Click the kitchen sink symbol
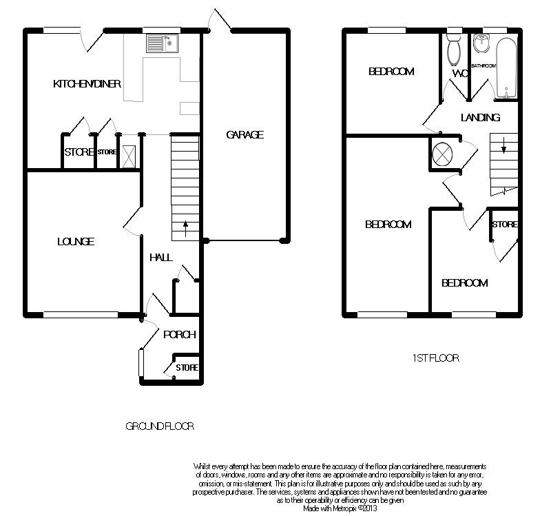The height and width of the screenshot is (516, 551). pos(162,43)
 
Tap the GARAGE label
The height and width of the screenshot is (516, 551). pos(245,134)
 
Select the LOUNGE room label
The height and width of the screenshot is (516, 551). pos(76,242)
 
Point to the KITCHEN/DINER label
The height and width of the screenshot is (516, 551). pos(87,83)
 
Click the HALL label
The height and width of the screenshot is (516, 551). pos(161,257)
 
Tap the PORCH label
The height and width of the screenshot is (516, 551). pos(180,335)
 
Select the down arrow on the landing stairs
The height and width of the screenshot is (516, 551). pos(503,145)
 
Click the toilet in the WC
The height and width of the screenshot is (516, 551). pos(454,50)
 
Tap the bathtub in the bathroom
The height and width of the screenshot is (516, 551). pos(506,68)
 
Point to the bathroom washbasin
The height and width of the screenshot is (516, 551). pos(481,43)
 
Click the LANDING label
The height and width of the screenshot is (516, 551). pos(480,117)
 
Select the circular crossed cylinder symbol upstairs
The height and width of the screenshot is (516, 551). pos(442,154)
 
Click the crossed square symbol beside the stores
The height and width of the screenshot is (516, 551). pos(129,156)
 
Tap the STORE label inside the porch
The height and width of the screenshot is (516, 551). pos(187,368)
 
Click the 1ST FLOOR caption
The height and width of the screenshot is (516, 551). pos(435,358)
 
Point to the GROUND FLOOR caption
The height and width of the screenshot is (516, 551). pos(160,426)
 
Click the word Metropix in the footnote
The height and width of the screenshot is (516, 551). pos(345,508)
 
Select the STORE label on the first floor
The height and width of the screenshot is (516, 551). pos(505,225)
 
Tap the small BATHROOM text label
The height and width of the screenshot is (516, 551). pos(484,65)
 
